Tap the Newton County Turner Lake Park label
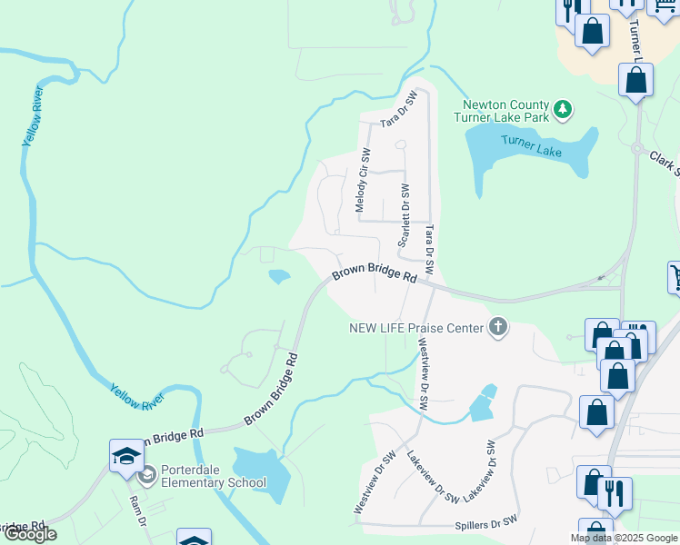pyautogui.click(x=505, y=111)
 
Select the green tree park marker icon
pyautogui.click(x=564, y=110)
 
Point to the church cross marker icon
pyautogui.click(x=497, y=327)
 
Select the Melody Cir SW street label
pyautogui.click(x=363, y=180)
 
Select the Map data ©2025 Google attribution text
pyautogui.click(x=625, y=538)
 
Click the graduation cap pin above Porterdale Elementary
pyautogui.click(x=127, y=454)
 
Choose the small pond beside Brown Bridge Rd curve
pyautogui.click(x=279, y=275)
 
